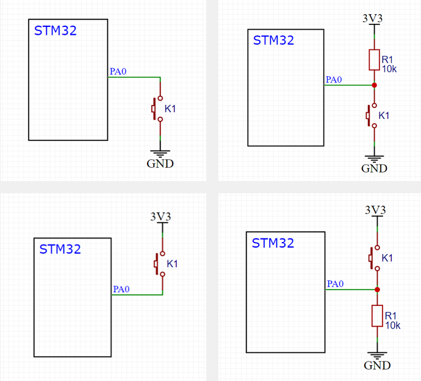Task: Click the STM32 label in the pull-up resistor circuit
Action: pyautogui.click(x=273, y=41)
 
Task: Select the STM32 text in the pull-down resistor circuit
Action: pyautogui.click(x=273, y=243)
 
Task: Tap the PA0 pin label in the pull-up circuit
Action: pyautogui.click(x=334, y=79)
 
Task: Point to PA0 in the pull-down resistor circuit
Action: pyautogui.click(x=336, y=283)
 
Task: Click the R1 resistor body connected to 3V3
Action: pyautogui.click(x=374, y=60)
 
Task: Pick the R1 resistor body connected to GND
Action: pyautogui.click(x=378, y=316)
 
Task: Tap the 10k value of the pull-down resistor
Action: pyautogui.click(x=392, y=325)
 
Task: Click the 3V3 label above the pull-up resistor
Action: pyautogui.click(x=373, y=18)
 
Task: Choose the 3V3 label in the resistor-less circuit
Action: pyautogui.click(x=161, y=216)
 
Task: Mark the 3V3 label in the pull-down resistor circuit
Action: pyautogui.click(x=375, y=210)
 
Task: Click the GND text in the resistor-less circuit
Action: pyautogui.click(x=160, y=163)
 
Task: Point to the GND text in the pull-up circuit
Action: pyautogui.click(x=374, y=168)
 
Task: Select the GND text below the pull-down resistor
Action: pyautogui.click(x=377, y=365)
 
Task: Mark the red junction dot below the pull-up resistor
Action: pyautogui.click(x=374, y=85)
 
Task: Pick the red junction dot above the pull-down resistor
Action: pyautogui.click(x=378, y=290)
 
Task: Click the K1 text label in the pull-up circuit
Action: pyautogui.click(x=384, y=115)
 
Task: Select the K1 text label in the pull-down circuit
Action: pyautogui.click(x=387, y=258)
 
